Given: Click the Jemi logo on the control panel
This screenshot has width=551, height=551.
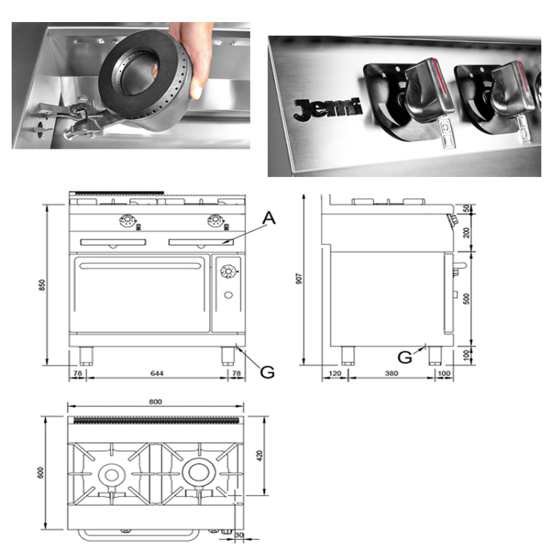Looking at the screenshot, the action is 328,109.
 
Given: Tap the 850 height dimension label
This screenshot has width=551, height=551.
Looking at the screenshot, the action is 42,284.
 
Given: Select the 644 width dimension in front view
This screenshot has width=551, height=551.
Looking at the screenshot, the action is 157,373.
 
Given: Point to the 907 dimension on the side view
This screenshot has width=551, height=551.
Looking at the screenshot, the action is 299,279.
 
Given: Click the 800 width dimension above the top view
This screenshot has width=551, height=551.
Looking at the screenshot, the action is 156,402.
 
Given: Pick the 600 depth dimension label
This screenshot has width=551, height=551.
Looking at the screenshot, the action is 41,472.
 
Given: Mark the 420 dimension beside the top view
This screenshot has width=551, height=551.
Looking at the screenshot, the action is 260,455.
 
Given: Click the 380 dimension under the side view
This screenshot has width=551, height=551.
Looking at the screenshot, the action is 391,373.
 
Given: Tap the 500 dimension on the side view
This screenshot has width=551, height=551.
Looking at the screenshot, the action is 466,299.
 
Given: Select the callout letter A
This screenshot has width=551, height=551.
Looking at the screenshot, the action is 269,218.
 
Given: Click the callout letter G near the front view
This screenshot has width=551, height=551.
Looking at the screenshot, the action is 267,372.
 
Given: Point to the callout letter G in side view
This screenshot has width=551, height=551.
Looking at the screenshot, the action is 405,357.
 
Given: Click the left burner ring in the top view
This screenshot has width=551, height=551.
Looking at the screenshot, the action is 112,475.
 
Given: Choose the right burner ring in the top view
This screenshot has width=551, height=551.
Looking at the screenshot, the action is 199,472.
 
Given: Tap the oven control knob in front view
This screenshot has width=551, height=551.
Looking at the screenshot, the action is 228,271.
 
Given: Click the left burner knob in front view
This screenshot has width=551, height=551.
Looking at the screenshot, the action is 127,220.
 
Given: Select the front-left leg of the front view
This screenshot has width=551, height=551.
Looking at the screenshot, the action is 86,356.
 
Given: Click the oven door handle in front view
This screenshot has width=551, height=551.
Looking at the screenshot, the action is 141,266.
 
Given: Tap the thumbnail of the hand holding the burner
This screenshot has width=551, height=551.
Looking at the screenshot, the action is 131,85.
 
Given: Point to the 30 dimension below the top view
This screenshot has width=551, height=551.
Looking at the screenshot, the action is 239,535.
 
